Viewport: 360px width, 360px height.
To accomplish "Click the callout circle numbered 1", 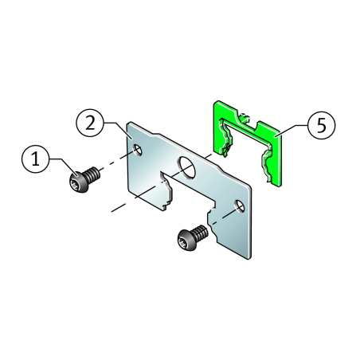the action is (36, 159).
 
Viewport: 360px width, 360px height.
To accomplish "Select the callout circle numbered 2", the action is (90, 123).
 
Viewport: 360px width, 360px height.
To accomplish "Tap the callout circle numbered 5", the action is (322, 125).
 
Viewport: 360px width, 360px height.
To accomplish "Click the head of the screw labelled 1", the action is (79, 182).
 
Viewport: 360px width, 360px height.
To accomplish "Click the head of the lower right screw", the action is (187, 240).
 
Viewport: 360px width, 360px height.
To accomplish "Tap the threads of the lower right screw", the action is (201, 232).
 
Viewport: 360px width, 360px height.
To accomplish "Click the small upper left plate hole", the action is (138, 151).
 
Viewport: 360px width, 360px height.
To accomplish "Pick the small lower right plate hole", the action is (240, 206).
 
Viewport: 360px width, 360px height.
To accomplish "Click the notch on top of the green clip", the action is (249, 123).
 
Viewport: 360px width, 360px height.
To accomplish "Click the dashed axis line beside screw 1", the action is (115, 162).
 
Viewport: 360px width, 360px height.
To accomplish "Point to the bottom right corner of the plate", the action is (249, 258).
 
